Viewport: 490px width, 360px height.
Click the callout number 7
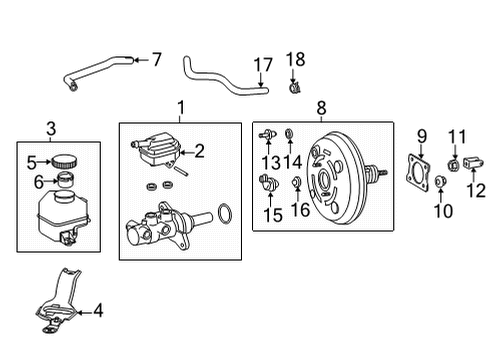[x=155, y=59]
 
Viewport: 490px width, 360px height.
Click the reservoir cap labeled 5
[x=67, y=160]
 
